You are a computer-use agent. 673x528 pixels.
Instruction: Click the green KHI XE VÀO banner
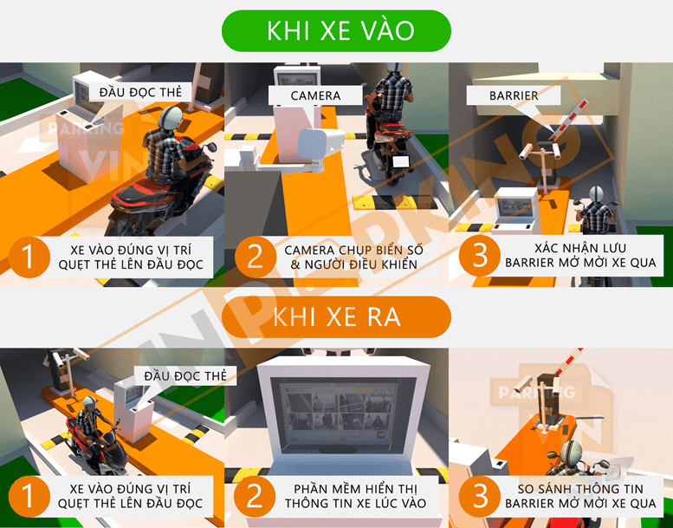(336, 31)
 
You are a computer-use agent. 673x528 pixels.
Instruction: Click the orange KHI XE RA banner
(336, 317)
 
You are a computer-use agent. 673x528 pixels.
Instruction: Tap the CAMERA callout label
(315, 96)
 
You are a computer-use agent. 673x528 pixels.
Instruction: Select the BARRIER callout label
(514, 95)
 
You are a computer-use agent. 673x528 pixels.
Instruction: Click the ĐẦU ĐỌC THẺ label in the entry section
(140, 93)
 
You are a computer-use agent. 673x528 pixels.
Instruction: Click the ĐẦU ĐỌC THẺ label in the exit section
(185, 376)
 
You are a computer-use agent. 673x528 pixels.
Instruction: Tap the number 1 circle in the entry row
(29, 257)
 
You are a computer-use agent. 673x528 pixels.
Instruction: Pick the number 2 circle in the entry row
(255, 257)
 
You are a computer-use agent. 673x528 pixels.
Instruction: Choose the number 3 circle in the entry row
(480, 256)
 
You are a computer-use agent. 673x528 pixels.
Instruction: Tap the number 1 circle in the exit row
(29, 496)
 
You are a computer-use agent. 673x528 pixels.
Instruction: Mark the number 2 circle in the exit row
(255, 496)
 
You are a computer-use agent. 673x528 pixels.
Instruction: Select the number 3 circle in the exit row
(480, 496)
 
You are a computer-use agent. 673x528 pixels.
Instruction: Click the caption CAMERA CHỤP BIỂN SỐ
(353, 251)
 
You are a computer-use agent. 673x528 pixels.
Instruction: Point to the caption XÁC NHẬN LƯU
(580, 248)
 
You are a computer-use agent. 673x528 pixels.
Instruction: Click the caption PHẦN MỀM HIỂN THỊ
(356, 489)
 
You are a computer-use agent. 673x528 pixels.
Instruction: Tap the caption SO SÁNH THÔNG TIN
(580, 489)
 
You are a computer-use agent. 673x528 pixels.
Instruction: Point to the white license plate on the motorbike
(400, 162)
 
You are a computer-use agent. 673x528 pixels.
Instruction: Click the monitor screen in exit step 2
(339, 414)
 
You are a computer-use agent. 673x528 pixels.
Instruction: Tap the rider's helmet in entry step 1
(170, 117)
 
